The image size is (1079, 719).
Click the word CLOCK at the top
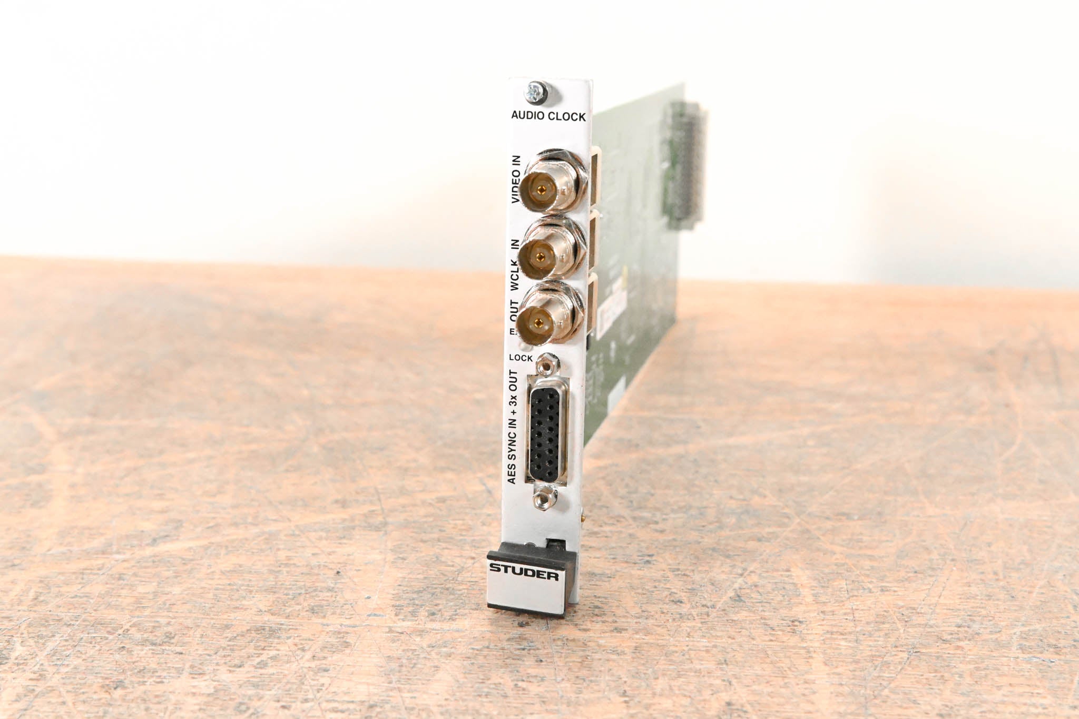567,116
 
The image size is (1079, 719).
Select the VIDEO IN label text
515,179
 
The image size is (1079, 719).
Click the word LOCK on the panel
521,358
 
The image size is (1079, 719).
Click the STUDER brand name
524,572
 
